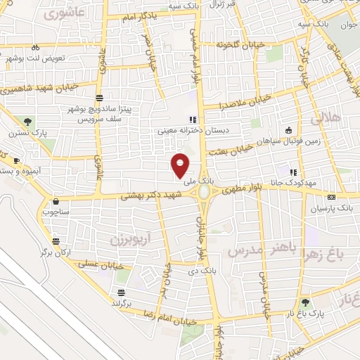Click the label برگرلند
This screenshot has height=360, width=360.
[x=123, y=302]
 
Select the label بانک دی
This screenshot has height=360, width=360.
[x=210, y=270]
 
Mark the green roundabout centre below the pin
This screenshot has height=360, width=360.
[x=204, y=191]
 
